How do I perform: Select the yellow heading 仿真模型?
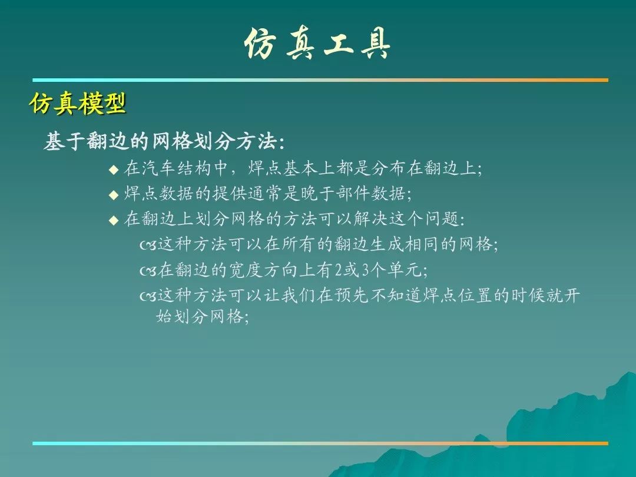78,103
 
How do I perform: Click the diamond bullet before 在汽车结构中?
114,170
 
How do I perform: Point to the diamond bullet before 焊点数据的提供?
114,195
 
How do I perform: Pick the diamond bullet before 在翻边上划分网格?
114,220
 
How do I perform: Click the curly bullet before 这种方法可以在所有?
148,246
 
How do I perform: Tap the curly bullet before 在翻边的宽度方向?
148,270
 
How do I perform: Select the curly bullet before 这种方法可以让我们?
148,296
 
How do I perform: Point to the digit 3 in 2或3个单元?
365,270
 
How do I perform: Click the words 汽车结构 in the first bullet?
176,168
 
